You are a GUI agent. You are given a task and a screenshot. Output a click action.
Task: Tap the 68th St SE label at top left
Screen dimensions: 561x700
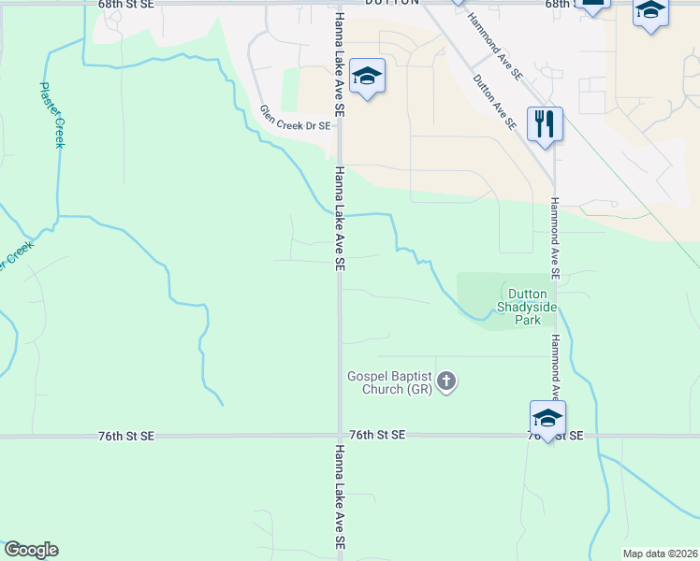point(125,5)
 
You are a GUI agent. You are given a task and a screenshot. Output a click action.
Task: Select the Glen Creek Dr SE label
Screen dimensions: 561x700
point(295,119)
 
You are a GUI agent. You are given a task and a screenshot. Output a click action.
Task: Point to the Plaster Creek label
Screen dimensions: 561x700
point(51,114)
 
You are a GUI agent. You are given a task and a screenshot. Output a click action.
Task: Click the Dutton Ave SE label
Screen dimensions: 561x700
point(495,101)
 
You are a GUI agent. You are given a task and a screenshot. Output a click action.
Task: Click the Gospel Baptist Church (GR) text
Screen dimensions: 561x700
point(389,382)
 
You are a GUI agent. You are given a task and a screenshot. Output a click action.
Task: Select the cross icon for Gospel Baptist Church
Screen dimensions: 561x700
point(447,381)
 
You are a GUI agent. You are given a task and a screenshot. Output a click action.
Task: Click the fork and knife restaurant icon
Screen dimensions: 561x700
point(544,124)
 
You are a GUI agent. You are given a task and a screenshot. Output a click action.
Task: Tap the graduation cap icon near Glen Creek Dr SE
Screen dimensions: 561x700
point(367,76)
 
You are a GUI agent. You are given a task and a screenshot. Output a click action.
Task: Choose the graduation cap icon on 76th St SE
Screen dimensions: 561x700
point(547,417)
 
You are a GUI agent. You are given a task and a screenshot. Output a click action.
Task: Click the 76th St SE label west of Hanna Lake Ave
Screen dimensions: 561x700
point(125,436)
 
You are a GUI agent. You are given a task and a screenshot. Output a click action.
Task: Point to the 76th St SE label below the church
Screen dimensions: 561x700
point(378,436)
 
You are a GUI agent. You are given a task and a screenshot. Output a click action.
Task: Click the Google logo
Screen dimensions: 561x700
point(31,550)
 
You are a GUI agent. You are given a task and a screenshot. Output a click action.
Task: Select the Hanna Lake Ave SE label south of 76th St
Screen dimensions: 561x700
point(339,498)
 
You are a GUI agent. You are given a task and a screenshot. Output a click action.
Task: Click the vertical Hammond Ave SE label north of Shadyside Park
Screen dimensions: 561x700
point(554,239)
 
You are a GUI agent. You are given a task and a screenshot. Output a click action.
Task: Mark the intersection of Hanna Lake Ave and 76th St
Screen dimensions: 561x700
point(339,436)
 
